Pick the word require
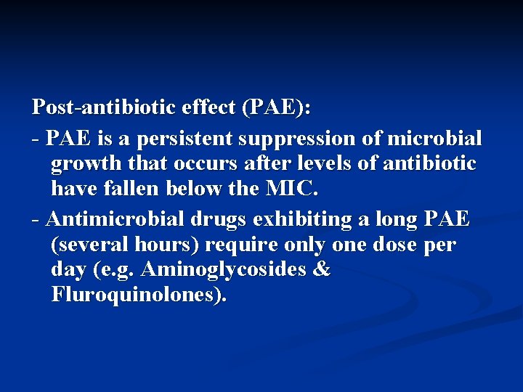coord(240,245)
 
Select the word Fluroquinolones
coord(139,295)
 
